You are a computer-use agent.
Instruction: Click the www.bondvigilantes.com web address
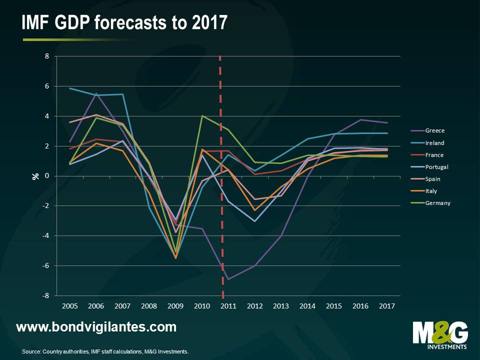click(96, 327)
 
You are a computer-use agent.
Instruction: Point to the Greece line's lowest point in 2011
click(228, 279)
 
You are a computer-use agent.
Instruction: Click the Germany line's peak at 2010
click(202, 116)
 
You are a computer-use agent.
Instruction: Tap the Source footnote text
click(105, 352)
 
